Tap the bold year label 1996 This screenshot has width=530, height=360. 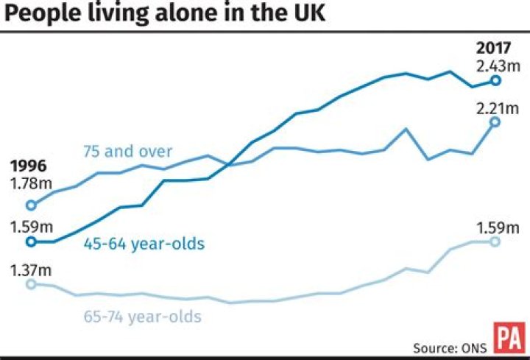[x=29, y=166]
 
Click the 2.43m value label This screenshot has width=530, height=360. [x=495, y=66]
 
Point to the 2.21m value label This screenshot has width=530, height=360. [x=496, y=109]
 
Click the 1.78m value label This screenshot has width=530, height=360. [x=29, y=182]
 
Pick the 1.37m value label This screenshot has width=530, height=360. [x=29, y=270]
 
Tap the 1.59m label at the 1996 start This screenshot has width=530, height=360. [x=29, y=225]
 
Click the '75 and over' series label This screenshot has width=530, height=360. [x=126, y=152]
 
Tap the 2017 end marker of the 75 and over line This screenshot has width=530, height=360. [x=495, y=121]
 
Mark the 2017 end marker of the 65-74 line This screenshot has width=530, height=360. [x=495, y=242]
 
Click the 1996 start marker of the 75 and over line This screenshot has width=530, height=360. [x=31, y=205]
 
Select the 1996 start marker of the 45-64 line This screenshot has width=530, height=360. [x=31, y=241]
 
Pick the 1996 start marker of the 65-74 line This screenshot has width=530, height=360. [x=31, y=284]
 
